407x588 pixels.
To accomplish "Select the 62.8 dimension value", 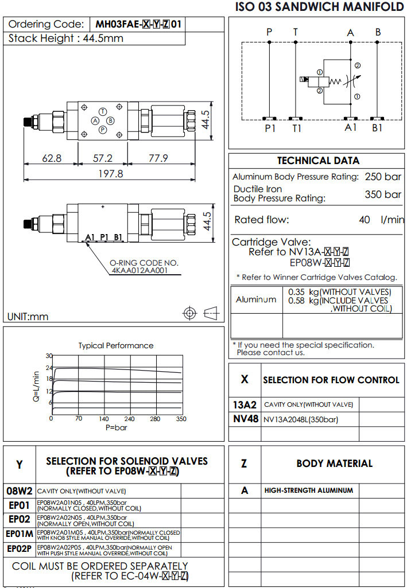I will pyautogui.click(x=52, y=158).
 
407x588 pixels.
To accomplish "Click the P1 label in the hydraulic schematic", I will pyautogui.click(x=270, y=128).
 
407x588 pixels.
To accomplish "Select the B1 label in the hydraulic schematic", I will pyautogui.click(x=377, y=128).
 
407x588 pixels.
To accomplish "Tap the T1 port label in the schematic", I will pyautogui.click(x=296, y=128).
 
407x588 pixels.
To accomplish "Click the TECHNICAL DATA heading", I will pyautogui.click(x=317, y=161).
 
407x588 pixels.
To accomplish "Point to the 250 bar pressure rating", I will pyautogui.click(x=383, y=177).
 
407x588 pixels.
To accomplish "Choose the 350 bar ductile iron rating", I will pyautogui.click(x=383, y=194).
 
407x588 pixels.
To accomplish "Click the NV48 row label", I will pyautogui.click(x=245, y=419).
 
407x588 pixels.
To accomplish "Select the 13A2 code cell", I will pyautogui.click(x=245, y=404).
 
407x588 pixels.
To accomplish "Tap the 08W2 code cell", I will pyautogui.click(x=20, y=491).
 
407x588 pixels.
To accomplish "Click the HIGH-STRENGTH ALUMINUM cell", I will pyautogui.click(x=308, y=490).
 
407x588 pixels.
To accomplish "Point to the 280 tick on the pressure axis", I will pyautogui.click(x=156, y=419).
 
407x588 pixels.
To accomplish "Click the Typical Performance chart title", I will pyautogui.click(x=116, y=345).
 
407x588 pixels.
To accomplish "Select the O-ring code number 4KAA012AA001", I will pyautogui.click(x=139, y=271).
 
